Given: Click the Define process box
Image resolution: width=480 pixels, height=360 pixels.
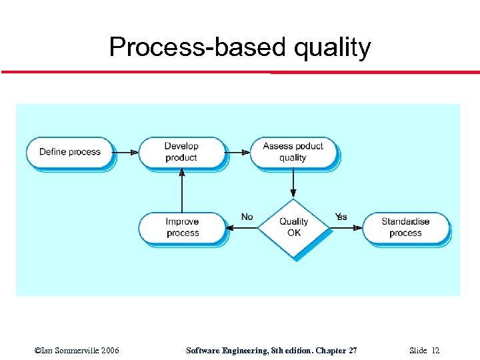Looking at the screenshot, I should click(x=69, y=152).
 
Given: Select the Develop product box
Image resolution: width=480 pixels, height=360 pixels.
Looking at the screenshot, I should click(x=181, y=152).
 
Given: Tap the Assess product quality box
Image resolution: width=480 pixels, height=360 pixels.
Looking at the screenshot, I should click(x=293, y=152).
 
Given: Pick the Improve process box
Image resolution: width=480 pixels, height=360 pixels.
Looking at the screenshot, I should click(x=182, y=227).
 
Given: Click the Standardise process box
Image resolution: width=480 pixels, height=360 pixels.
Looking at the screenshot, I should click(x=405, y=227).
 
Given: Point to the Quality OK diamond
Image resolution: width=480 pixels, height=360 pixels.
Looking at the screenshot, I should click(x=293, y=227).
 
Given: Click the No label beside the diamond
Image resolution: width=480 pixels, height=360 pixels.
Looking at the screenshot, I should click(x=247, y=217).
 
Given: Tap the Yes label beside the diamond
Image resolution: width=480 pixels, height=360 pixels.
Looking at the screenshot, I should click(x=341, y=217).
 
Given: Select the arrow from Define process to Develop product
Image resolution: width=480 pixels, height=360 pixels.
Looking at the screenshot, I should click(x=125, y=152).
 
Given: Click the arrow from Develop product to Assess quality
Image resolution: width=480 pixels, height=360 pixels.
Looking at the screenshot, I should click(x=237, y=152).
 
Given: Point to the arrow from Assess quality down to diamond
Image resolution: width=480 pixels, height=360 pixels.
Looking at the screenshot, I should click(x=293, y=184).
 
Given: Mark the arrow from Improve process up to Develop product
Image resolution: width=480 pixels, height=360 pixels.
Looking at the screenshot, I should click(x=182, y=190).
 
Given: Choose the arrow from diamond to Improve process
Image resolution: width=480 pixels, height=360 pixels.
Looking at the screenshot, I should click(x=242, y=228).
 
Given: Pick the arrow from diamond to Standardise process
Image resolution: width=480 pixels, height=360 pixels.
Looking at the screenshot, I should click(x=346, y=228).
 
